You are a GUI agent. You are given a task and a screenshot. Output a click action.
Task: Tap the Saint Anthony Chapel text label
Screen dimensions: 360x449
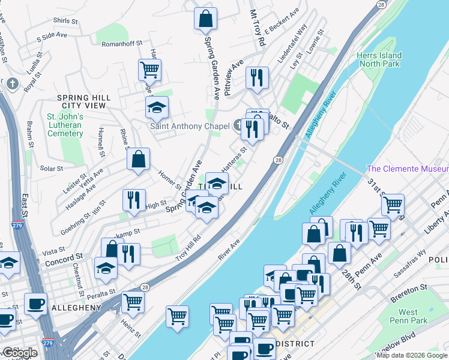[190, 126]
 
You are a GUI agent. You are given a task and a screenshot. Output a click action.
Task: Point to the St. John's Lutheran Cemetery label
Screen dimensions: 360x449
[65, 125]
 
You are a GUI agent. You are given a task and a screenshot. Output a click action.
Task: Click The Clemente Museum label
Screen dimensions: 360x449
[407, 169]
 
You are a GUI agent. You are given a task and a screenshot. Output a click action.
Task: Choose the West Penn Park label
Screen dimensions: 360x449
[408, 316]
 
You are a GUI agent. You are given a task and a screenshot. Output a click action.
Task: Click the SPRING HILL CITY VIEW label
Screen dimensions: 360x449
[82, 101]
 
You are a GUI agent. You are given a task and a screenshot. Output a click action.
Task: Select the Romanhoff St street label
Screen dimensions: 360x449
[122, 44]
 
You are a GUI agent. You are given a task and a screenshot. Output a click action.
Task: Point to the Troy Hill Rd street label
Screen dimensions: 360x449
[187, 248]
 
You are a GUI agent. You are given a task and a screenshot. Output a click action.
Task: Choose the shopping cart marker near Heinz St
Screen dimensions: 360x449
[133, 302]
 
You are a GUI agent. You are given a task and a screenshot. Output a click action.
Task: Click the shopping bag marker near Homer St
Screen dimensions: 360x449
[138, 160]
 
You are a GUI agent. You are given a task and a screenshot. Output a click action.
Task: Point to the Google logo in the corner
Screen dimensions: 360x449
[20, 353]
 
